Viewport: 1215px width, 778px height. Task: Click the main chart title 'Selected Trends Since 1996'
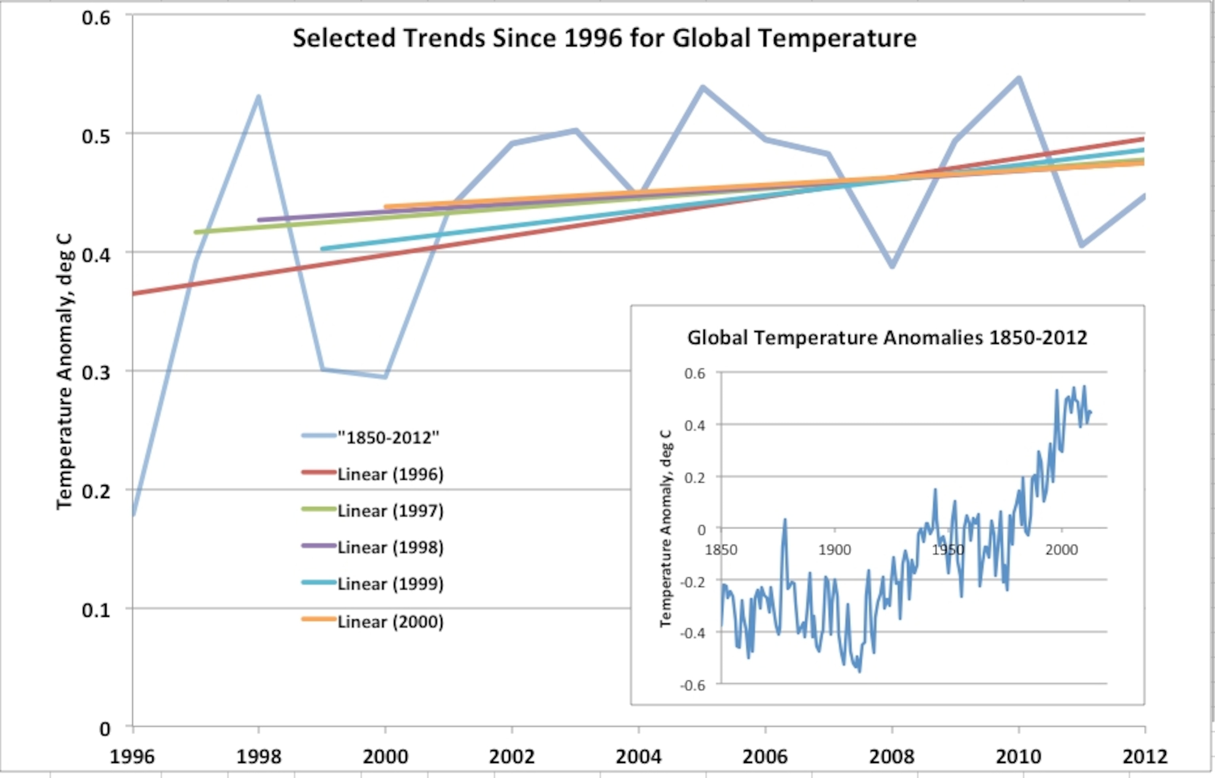click(604, 39)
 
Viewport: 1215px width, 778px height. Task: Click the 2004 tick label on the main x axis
click(638, 756)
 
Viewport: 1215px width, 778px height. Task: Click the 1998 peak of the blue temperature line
click(258, 96)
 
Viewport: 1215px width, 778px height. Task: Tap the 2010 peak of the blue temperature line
click(1019, 78)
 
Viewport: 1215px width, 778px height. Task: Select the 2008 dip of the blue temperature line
click(892, 266)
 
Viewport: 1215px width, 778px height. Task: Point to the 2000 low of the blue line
click(385, 377)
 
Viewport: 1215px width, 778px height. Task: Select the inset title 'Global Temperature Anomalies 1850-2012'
click(887, 337)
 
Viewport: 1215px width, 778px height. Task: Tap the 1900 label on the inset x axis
click(834, 550)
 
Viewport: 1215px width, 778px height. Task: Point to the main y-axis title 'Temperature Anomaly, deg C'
click(65, 371)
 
